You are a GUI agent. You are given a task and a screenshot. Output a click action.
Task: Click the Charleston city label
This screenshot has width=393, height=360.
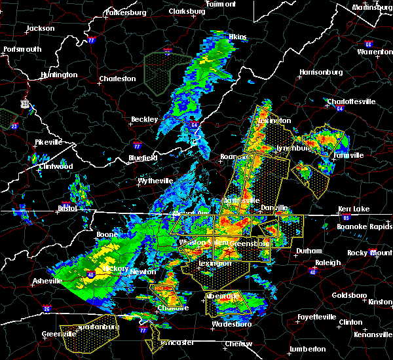click(117, 79)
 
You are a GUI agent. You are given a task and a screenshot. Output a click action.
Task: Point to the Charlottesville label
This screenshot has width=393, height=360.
click(350, 101)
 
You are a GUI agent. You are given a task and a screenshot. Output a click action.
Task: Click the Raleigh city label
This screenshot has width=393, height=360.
click(327, 262)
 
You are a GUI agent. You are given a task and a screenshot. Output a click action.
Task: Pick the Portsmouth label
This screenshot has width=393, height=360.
click(22, 49)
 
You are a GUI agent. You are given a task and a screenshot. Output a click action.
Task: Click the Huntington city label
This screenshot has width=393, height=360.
click(58, 75)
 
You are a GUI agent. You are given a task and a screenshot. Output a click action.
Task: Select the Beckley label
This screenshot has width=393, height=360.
click(145, 119)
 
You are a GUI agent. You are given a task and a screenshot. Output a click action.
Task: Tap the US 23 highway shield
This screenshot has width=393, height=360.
click(24, 103)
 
